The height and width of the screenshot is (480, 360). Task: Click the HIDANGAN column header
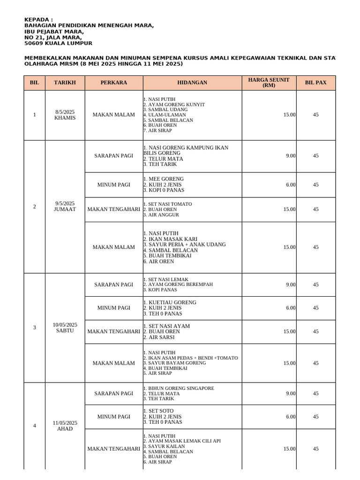click(x=192, y=82)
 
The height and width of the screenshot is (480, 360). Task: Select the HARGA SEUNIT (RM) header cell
click(x=269, y=82)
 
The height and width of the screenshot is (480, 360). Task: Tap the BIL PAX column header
click(x=315, y=82)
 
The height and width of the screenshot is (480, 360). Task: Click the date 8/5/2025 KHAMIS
click(x=65, y=115)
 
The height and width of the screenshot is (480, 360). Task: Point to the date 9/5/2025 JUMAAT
click(x=65, y=206)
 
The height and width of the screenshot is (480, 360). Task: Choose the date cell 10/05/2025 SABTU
click(x=65, y=327)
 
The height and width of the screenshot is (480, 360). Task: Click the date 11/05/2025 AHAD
click(x=65, y=426)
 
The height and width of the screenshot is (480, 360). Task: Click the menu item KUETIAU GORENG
click(x=172, y=302)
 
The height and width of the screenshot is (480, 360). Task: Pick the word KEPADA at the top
click(x=37, y=20)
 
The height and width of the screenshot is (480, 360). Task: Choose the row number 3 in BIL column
click(x=35, y=327)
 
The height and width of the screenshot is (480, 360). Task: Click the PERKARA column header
click(x=113, y=82)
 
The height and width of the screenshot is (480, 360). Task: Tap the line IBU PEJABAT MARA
click(x=54, y=31)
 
